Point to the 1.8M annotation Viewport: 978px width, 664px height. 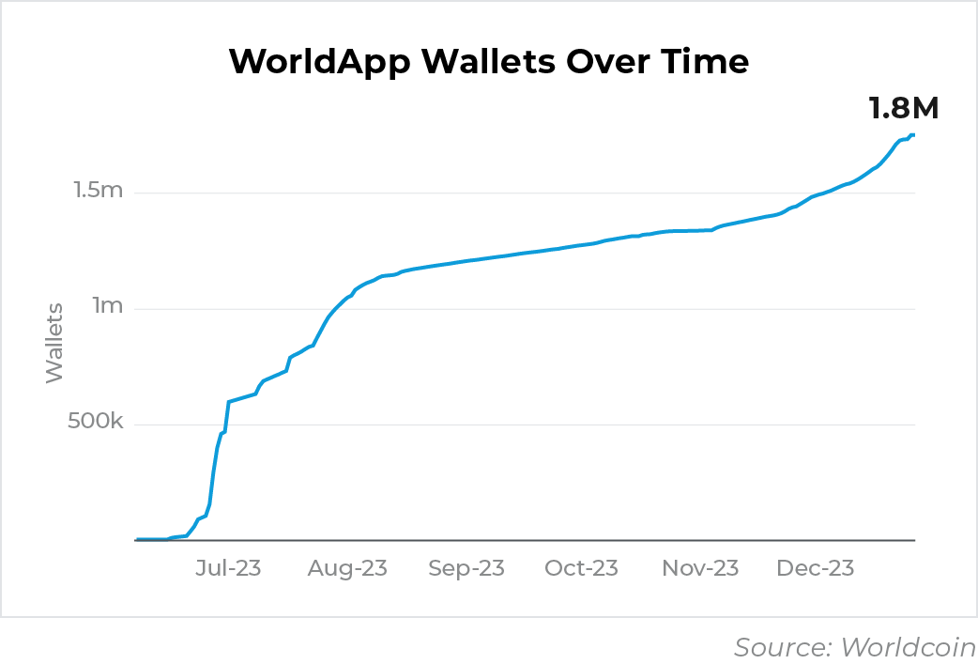903,108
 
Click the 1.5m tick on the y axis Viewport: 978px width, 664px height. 99,192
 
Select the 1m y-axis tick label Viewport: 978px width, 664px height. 108,307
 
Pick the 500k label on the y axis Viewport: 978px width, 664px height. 95,424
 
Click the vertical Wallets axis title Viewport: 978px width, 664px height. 54,342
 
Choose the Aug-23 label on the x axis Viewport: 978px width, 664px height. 348,568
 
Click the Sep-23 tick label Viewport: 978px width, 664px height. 466,568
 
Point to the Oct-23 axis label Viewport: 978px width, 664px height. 581,568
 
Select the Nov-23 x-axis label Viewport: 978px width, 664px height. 700,568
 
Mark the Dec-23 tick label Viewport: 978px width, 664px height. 816,568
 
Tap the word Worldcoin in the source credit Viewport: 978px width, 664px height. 908,647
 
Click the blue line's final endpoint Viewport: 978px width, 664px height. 913,135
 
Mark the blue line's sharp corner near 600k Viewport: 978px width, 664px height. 228,402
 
